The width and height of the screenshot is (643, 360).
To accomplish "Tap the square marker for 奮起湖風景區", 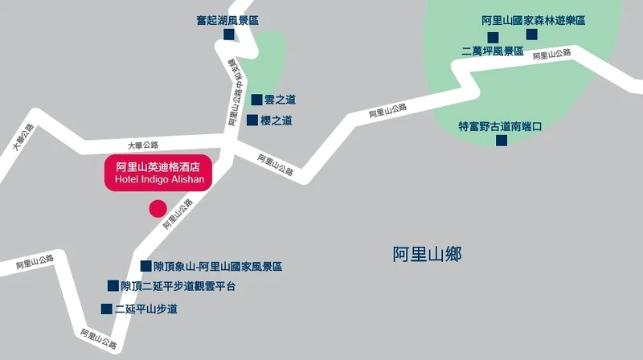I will (x=229, y=35).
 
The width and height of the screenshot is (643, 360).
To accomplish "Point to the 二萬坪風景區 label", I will (x=492, y=51).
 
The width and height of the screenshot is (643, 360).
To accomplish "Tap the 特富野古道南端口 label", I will (x=501, y=126).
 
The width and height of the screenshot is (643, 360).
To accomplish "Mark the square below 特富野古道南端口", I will (x=502, y=141).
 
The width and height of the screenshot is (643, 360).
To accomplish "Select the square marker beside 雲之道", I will (x=257, y=100).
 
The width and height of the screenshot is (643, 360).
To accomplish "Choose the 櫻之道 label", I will (x=276, y=121).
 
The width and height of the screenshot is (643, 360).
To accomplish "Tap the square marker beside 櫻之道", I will (x=252, y=121).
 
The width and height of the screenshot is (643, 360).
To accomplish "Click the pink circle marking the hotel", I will (x=158, y=209).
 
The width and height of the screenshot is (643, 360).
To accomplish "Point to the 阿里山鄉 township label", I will (x=427, y=255).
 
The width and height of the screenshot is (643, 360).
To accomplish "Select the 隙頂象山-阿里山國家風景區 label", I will (x=218, y=266).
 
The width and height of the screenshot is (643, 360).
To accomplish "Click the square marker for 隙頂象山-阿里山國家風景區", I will (x=146, y=266).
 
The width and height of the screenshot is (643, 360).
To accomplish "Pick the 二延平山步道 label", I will (x=145, y=309).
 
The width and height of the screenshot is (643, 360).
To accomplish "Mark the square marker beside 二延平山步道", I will (x=106, y=309).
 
